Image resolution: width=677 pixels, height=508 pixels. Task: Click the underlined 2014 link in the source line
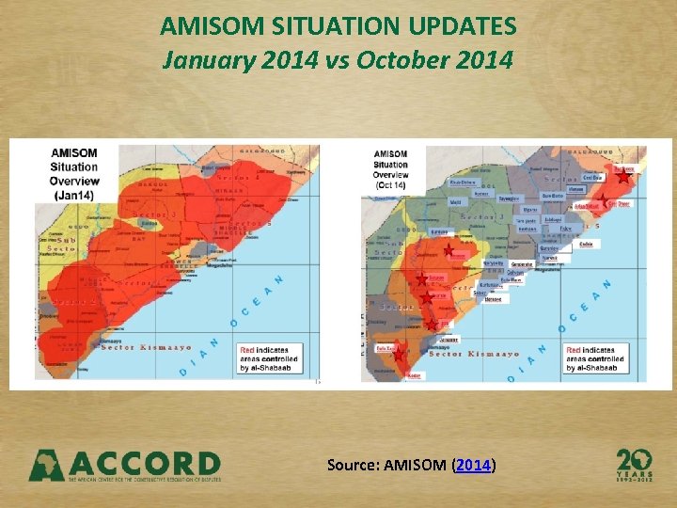pos(474,465)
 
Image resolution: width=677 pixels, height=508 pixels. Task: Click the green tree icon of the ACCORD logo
pos(47,465)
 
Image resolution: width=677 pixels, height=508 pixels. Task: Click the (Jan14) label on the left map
pos(72,195)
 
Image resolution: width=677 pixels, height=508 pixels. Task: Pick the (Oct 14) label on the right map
pos(388,185)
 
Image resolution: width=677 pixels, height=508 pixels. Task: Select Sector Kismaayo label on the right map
pos(474,354)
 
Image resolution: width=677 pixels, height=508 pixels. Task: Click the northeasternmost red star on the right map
pos(623,176)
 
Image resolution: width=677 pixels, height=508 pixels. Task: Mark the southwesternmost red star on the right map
pos(398,355)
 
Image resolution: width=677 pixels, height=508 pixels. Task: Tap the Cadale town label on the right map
pos(587,244)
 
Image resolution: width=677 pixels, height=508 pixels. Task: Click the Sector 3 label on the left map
pos(149,216)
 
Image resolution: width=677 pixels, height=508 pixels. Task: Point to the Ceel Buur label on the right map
pos(592,177)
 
